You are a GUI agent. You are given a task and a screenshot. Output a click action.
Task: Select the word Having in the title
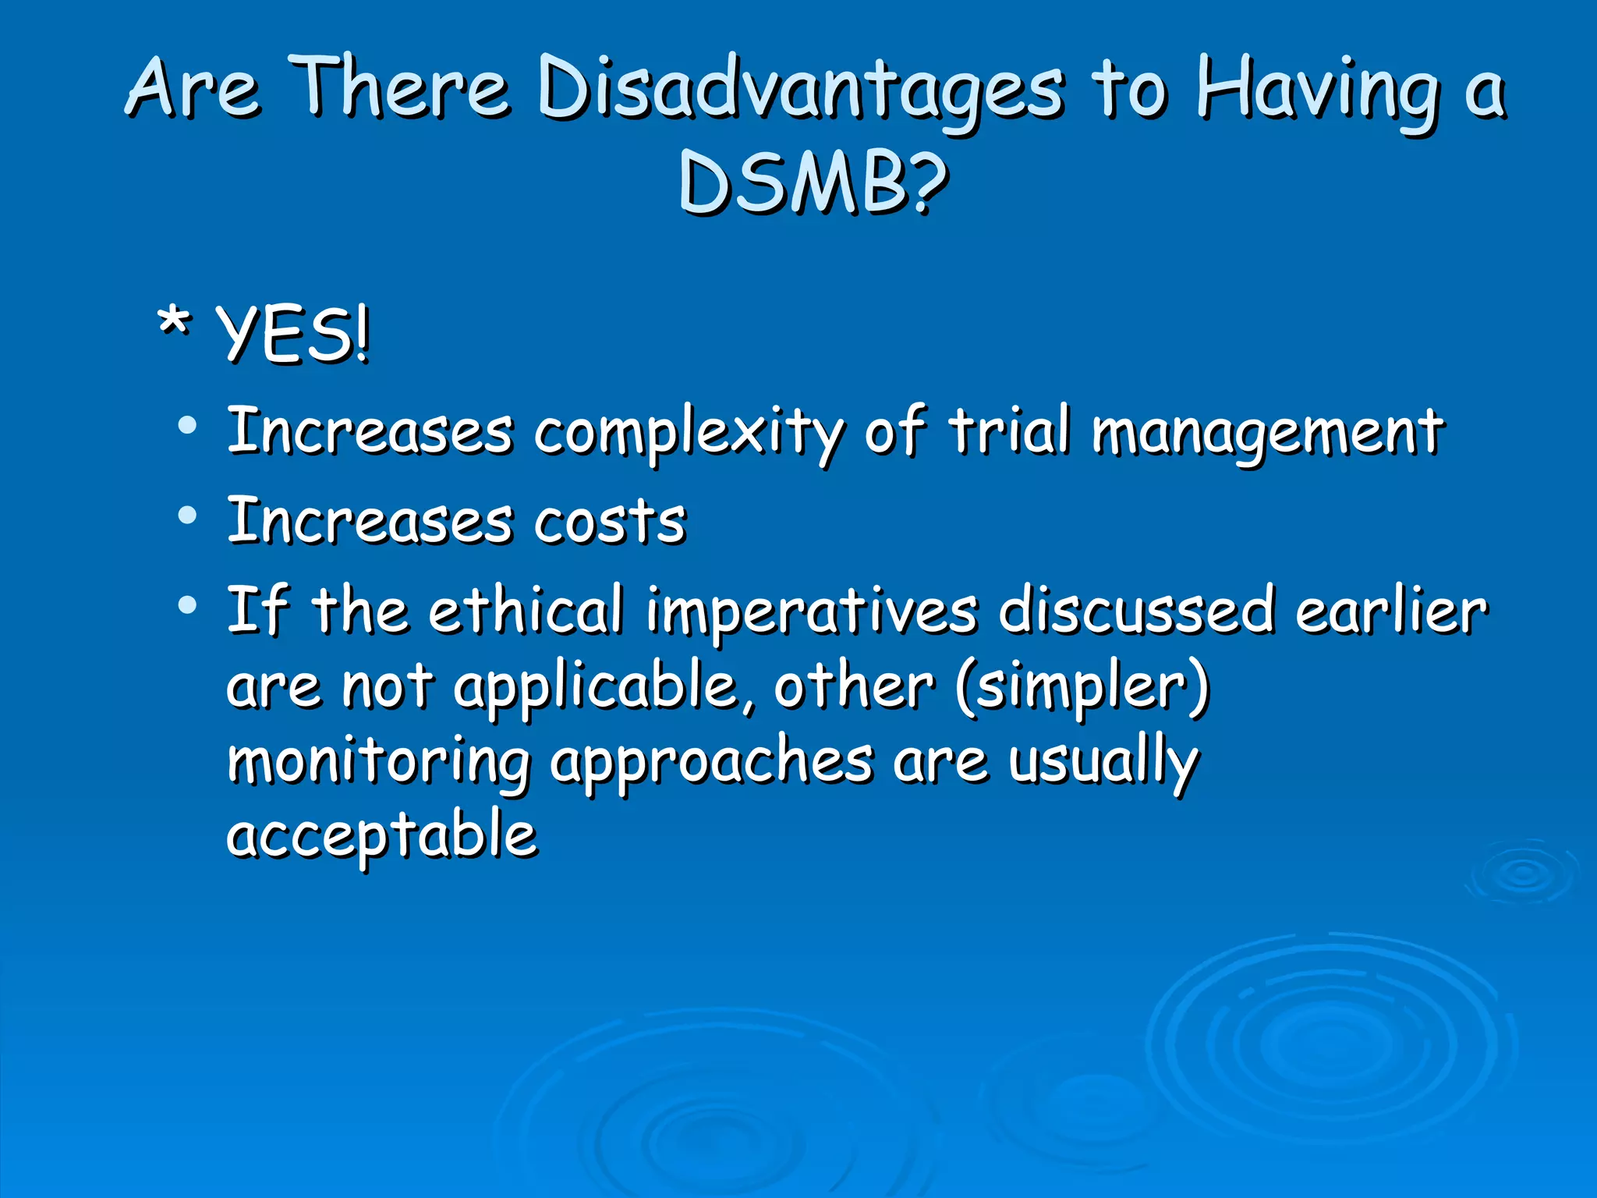1318,90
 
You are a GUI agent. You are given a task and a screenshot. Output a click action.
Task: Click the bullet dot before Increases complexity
187,426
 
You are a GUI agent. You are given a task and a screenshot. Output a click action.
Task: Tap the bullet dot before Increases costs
187,516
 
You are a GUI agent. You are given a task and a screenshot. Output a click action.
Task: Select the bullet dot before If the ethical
187,604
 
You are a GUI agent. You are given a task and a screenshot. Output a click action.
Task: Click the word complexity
688,433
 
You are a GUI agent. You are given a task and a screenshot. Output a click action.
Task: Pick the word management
1267,433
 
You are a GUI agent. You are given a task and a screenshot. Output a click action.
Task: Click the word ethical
526,610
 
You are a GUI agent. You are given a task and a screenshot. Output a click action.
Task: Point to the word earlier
1391,610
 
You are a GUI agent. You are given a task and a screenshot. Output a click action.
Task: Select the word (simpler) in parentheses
1082,686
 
